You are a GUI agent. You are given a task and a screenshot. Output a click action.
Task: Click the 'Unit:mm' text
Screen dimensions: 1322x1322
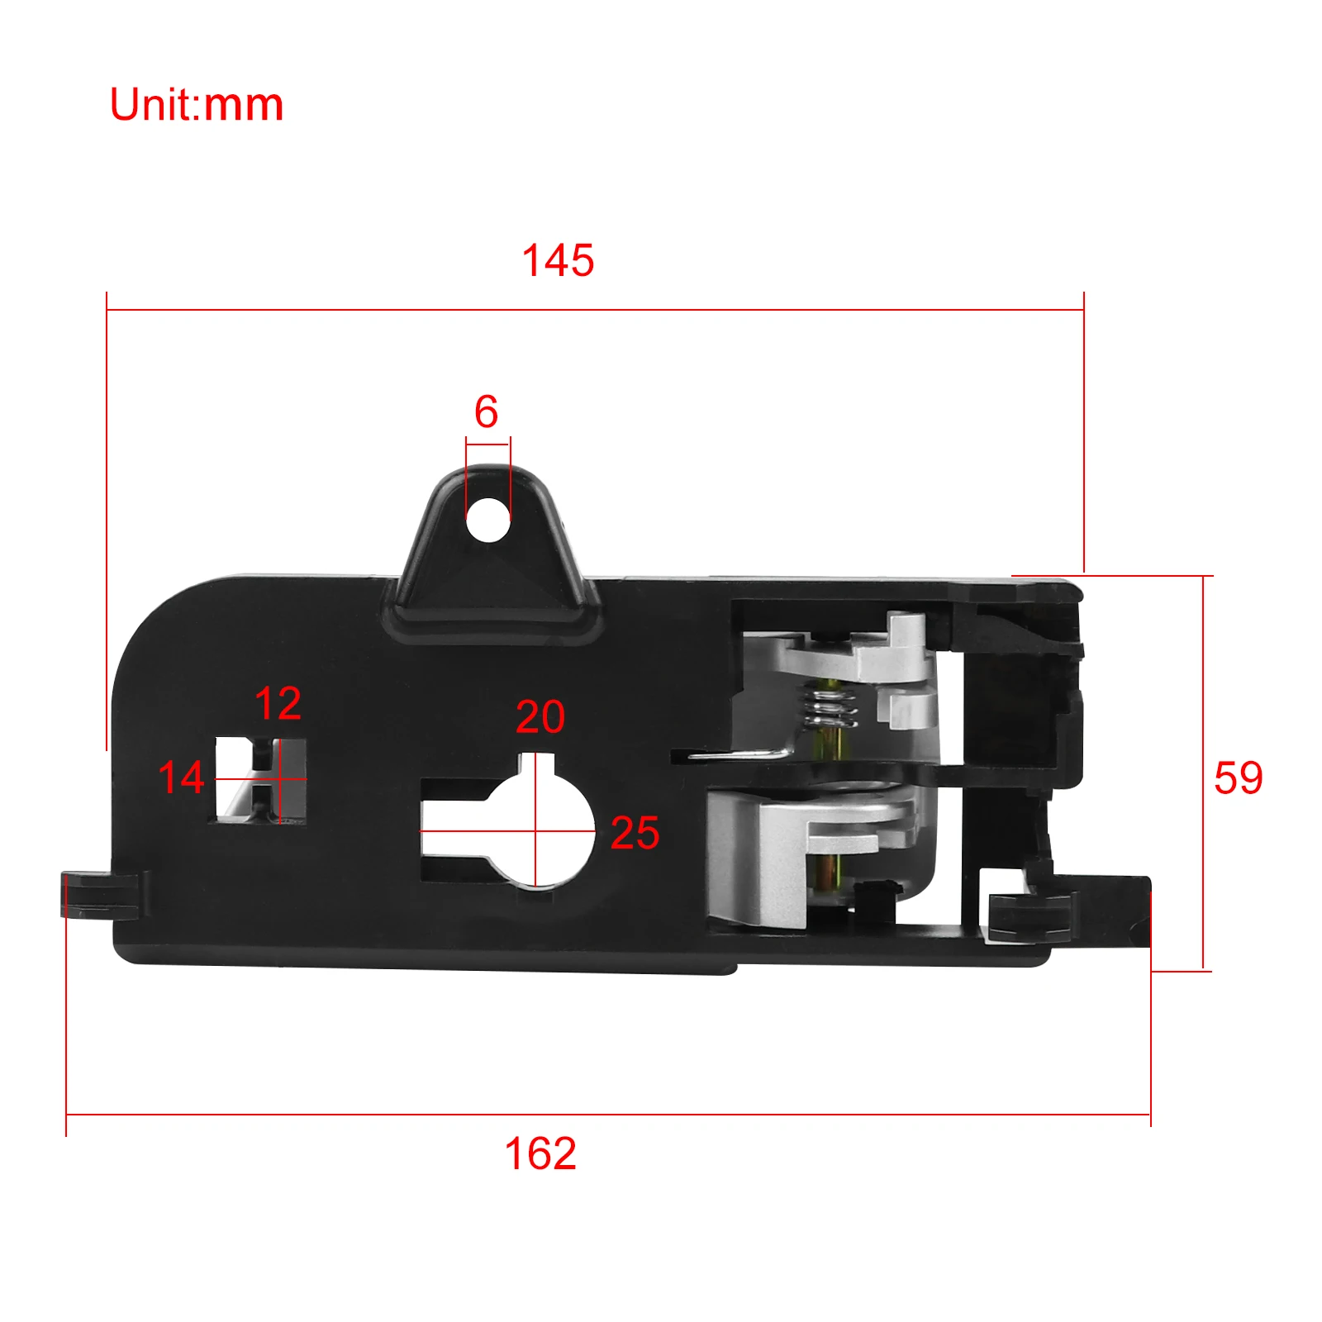(x=197, y=105)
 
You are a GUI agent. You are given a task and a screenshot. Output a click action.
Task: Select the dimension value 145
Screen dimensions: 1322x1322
(x=558, y=260)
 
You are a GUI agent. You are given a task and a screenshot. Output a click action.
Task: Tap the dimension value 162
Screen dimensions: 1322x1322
(x=540, y=1153)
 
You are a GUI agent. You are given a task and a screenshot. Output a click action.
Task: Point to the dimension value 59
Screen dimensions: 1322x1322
(x=1238, y=778)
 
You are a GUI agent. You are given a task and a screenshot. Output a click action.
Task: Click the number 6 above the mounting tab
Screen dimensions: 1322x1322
(x=486, y=411)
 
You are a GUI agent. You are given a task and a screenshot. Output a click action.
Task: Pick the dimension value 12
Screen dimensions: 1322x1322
(x=278, y=703)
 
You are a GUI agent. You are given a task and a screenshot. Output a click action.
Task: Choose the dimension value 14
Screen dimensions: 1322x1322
(x=181, y=778)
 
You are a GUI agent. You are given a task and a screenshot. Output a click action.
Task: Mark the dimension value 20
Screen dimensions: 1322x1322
(x=540, y=716)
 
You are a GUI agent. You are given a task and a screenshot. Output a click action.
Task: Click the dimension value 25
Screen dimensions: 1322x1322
(x=635, y=833)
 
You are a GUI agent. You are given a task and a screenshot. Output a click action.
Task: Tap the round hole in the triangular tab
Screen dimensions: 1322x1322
(x=488, y=520)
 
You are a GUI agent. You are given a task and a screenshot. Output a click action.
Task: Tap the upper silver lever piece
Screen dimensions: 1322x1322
(x=876, y=661)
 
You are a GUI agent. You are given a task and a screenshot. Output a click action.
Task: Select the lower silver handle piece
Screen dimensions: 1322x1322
(x=793, y=851)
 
